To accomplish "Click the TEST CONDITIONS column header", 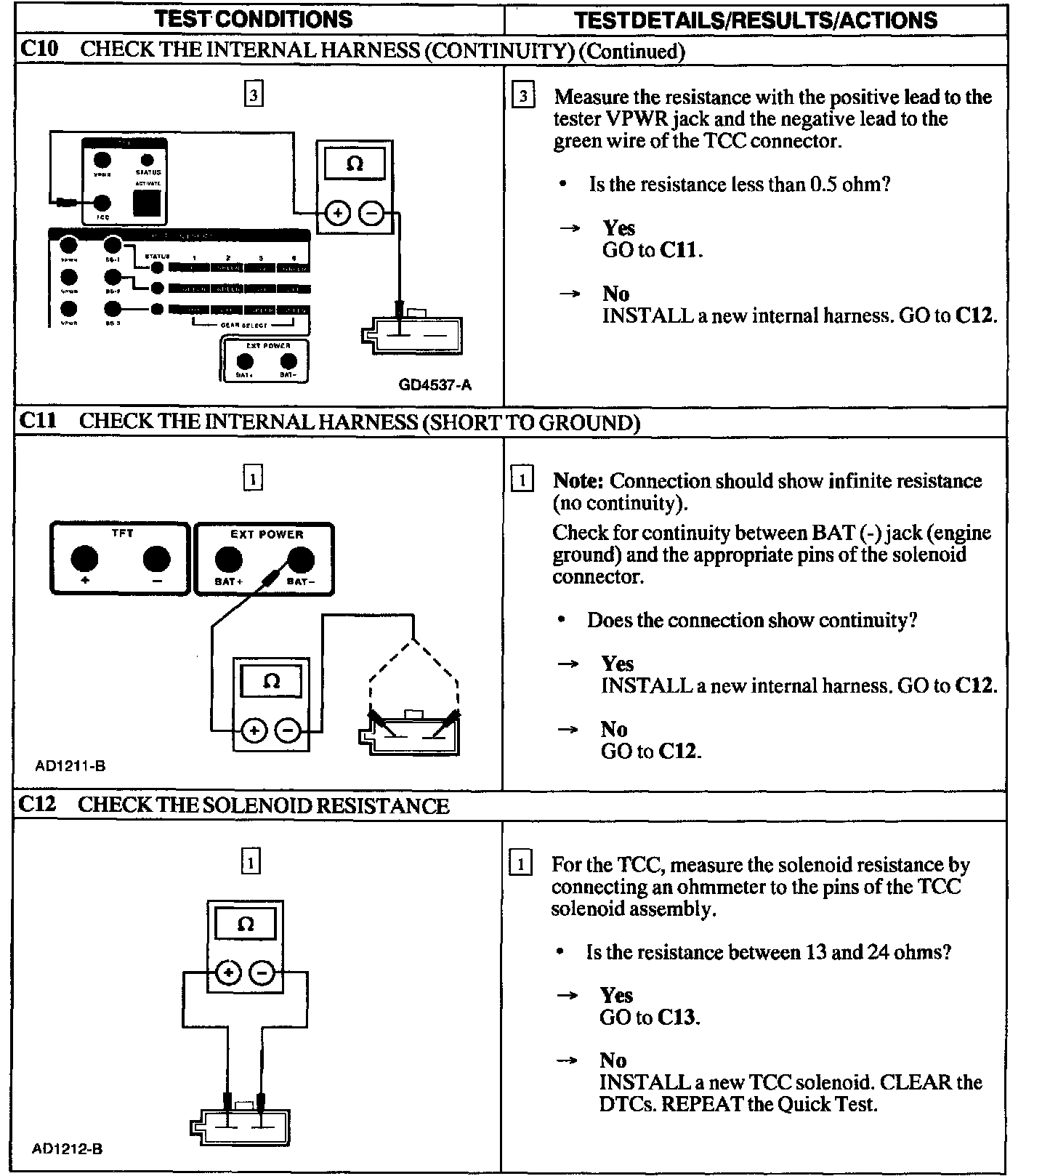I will pos(253,18).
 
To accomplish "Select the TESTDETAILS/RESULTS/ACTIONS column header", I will pos(755,20).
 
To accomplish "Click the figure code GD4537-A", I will pos(435,384).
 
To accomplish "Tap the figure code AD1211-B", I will pos(70,765).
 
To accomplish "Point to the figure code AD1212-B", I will pos(67,1149).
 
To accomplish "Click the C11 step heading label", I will pos(38,421).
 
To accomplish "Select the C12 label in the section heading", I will pos(38,805).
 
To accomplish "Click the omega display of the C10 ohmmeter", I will pos(355,164).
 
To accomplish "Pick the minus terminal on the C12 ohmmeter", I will pos(263,972).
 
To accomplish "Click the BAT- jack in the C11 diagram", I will pos(301,560).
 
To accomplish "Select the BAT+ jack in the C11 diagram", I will pos(228,560).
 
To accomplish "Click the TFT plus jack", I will pos(84,559).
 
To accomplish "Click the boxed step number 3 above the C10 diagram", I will pos(253,95).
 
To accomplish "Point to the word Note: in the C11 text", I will pos(578,480).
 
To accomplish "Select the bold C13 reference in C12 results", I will pos(678,1017).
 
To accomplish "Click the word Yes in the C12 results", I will pos(616,995).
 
